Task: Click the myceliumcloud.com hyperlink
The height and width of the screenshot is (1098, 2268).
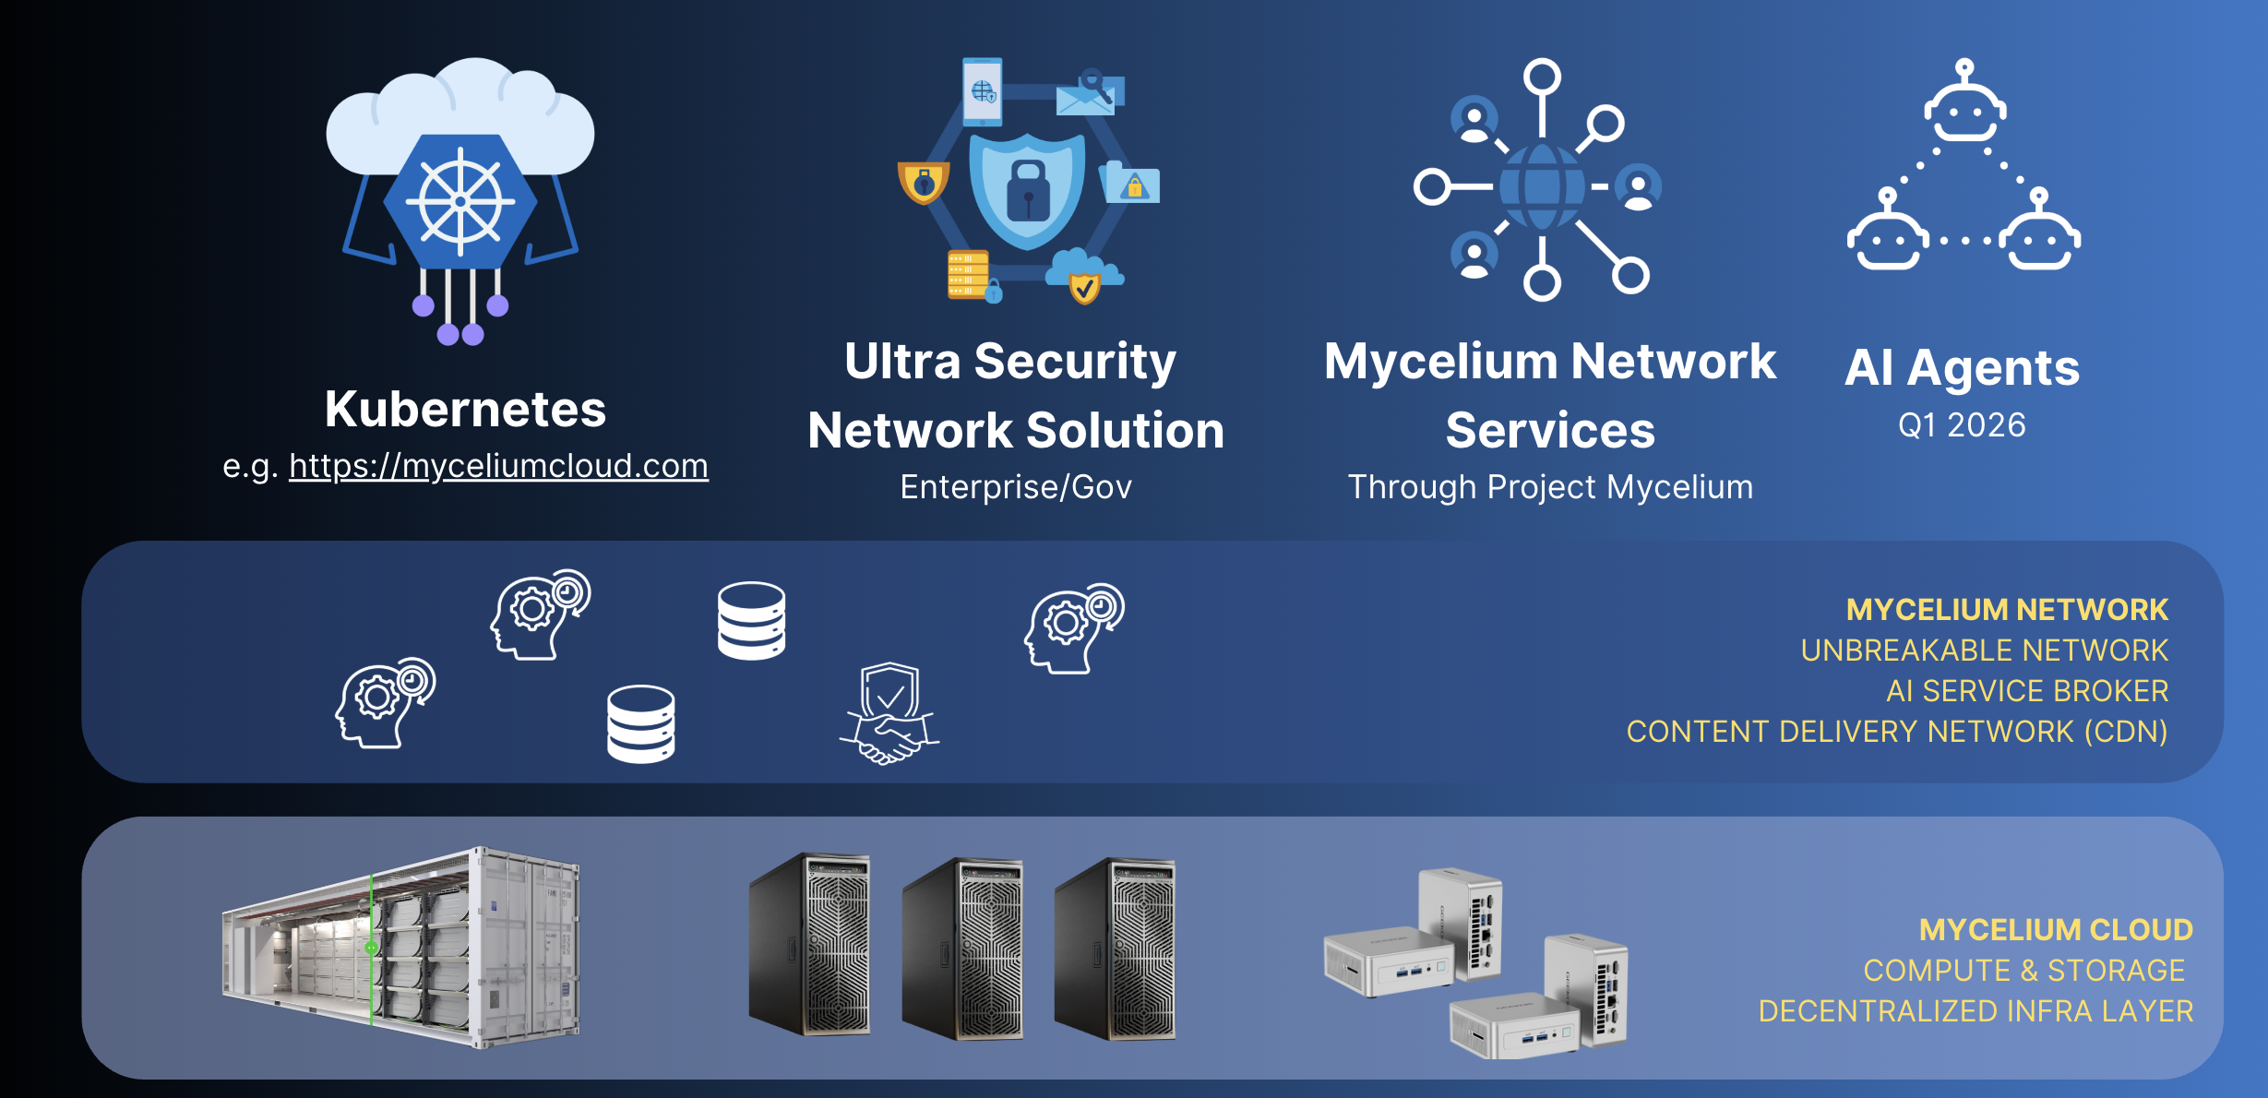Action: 498,466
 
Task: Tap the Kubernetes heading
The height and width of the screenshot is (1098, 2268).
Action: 465,409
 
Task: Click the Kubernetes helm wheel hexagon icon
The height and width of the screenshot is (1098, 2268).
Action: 460,201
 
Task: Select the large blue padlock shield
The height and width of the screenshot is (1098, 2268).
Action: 1027,188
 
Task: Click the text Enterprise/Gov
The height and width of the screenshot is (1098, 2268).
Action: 1016,487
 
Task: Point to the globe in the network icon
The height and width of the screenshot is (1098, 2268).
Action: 1541,186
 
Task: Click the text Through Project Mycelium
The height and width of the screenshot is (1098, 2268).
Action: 1550,487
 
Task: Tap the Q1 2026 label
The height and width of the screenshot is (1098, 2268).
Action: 1962,425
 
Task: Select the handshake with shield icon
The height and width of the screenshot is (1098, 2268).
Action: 889,712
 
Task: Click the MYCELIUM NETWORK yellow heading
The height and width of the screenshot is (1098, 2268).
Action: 2007,610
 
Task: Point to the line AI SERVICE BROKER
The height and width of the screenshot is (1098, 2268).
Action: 2027,691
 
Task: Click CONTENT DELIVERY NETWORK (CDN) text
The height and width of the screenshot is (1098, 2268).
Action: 1897,732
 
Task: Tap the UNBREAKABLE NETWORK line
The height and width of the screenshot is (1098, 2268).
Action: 1984,650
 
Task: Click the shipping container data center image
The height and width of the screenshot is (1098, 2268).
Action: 400,948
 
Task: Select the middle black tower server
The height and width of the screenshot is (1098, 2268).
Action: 961,948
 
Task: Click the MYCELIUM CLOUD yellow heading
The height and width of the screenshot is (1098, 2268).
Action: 2056,930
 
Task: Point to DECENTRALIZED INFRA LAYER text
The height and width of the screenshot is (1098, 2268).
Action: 1976,1011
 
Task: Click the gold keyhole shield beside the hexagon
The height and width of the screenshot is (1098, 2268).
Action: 923,182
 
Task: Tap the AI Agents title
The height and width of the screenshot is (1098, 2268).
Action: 1962,367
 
